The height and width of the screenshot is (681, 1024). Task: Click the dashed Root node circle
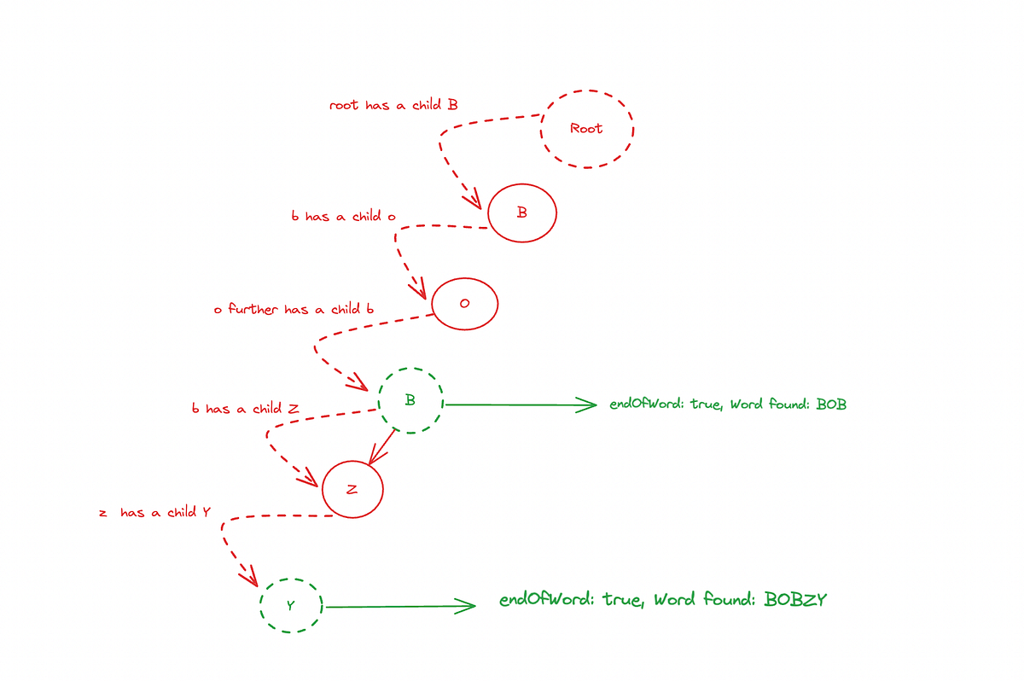point(587,128)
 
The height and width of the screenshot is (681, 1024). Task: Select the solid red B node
point(522,212)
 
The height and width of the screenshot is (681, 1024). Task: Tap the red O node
point(464,305)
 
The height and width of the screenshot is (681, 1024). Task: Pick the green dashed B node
point(410,400)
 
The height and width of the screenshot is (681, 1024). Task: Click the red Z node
point(352,489)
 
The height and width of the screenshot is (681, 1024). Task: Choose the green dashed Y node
point(291,605)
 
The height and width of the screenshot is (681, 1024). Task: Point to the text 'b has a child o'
point(344,217)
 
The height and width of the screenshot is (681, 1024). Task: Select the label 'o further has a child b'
point(294,309)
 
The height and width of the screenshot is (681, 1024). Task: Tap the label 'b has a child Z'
point(246,409)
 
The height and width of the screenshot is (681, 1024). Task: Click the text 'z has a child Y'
point(154,513)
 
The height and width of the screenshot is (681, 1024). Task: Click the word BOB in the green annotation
point(831,405)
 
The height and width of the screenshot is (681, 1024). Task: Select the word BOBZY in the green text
point(795,600)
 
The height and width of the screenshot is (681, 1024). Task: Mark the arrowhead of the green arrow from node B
point(590,405)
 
